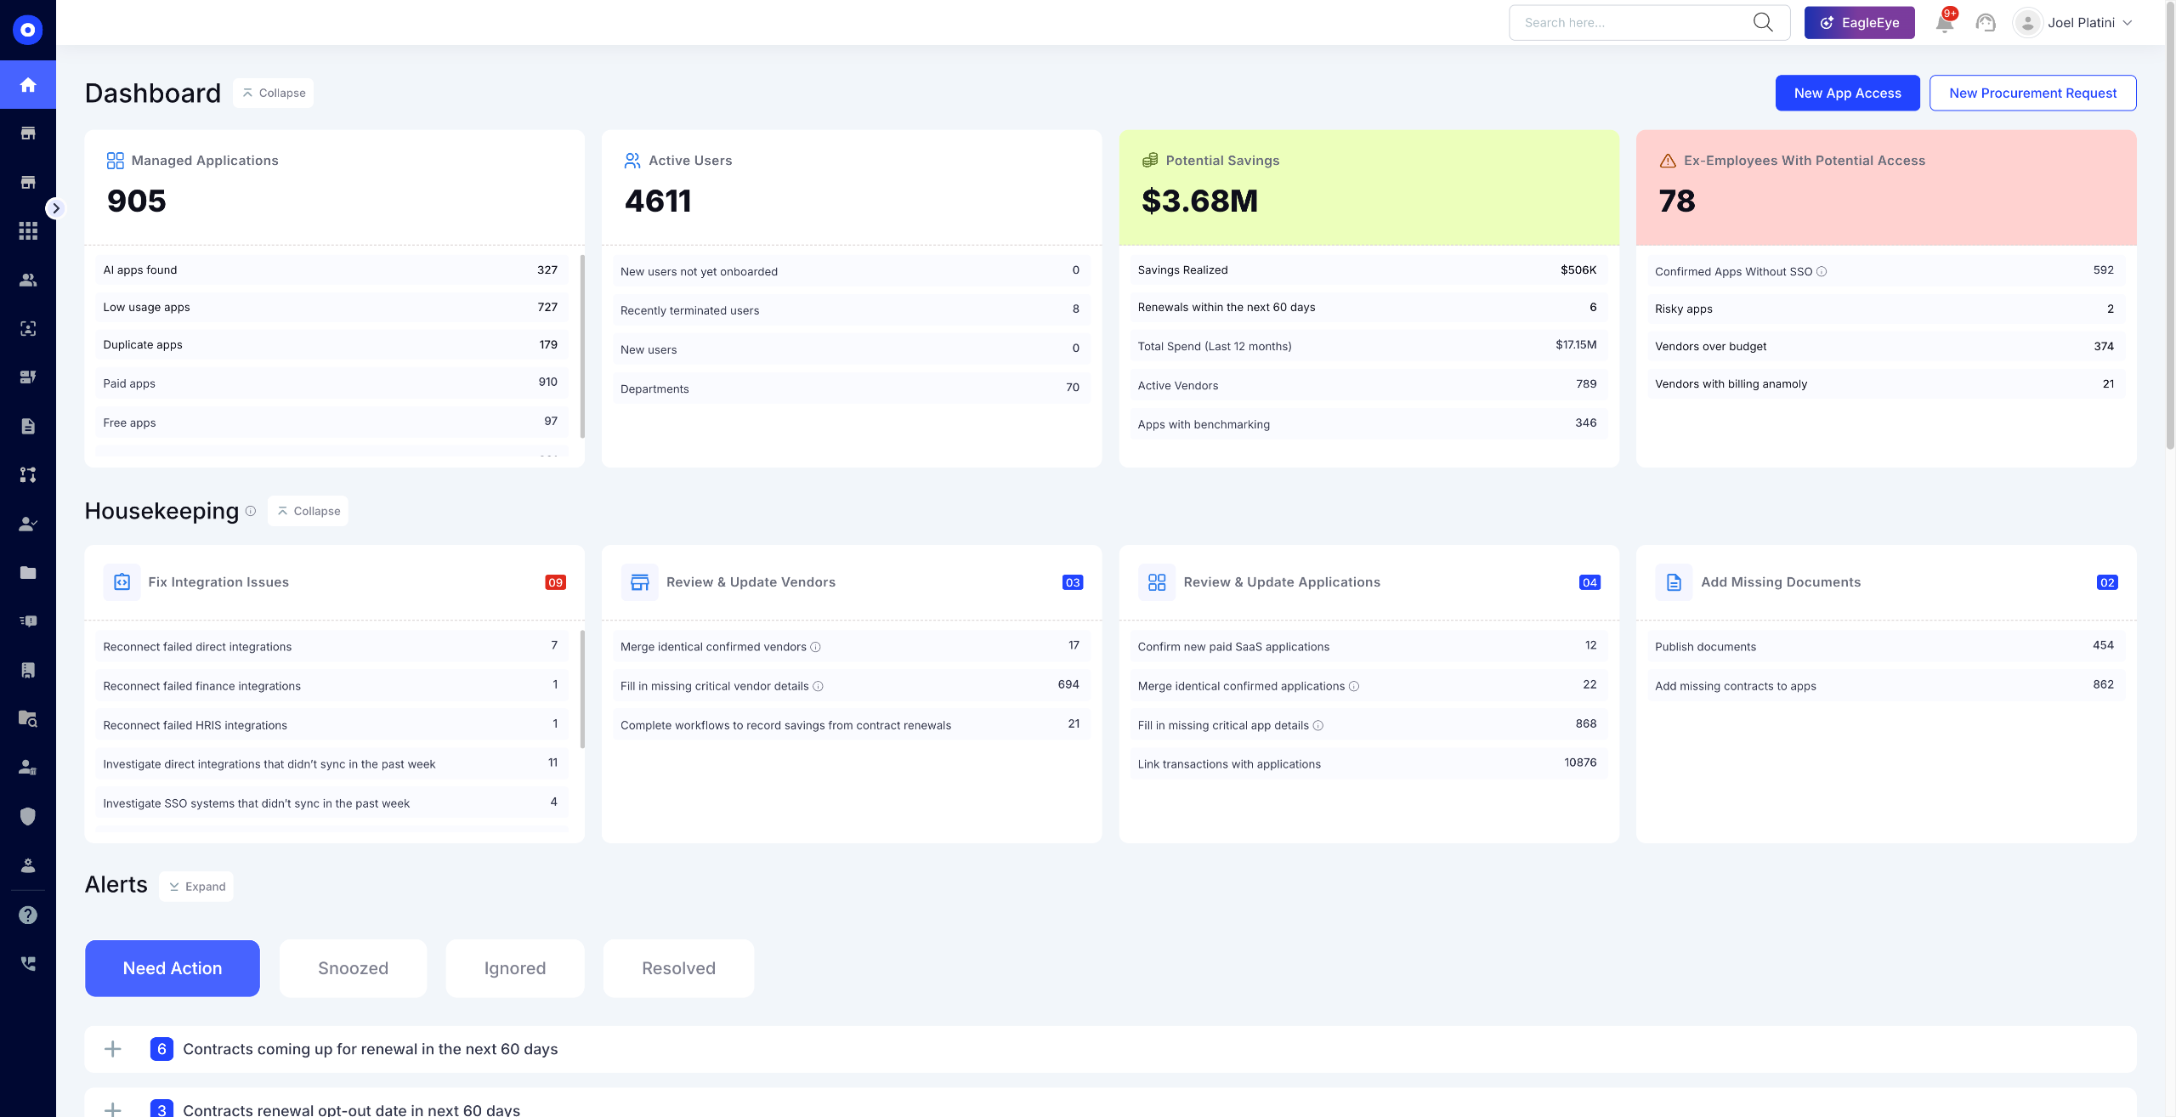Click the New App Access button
[1847, 94]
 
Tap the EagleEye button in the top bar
[1859, 23]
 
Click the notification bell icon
[1944, 23]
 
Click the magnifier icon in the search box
[1763, 22]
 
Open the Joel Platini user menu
[2073, 23]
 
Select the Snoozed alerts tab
[353, 968]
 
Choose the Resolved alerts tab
[678, 968]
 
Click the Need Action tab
[173, 968]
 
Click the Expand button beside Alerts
[196, 887]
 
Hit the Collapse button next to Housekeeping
[308, 511]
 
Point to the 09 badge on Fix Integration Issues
[555, 582]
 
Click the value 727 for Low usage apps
[547, 307]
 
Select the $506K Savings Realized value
[1578, 269]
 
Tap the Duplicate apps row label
[143, 344]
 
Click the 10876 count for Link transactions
[1580, 763]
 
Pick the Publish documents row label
[1705, 647]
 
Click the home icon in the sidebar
[28, 85]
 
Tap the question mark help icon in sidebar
[28, 915]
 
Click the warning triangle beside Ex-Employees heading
[1668, 161]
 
